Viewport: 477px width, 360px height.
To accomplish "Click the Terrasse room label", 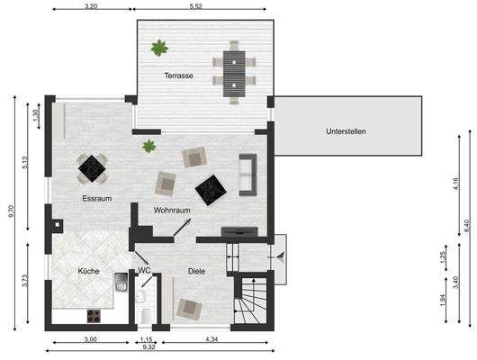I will point(178,76).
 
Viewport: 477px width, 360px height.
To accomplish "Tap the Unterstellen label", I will point(346,131).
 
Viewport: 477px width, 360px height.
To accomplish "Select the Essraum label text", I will point(96,198).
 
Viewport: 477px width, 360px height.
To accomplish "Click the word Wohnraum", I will point(172,211).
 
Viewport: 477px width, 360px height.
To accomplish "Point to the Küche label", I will point(88,271).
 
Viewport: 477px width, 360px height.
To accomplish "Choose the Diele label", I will point(197,270).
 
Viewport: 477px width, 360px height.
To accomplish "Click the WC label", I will point(144,270).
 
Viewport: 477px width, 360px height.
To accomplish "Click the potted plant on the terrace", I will point(159,47).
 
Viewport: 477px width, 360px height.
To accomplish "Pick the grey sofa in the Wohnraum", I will point(247,174).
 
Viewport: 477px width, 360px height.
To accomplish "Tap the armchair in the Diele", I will point(189,309).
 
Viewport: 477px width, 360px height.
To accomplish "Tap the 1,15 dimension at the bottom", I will point(146,337).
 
